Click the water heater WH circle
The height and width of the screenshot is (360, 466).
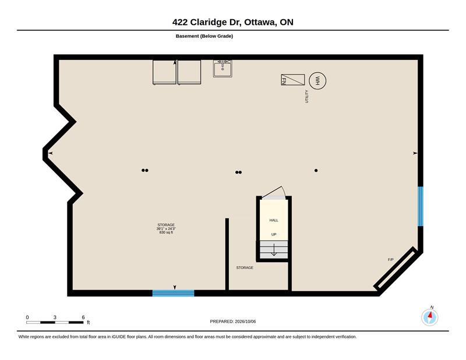[317, 80]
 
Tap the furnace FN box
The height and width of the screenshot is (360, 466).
[293, 80]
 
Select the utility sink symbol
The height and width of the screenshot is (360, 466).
[223, 69]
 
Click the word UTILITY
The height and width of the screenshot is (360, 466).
[306, 96]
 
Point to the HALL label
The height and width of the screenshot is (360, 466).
[274, 220]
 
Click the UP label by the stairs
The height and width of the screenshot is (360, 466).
[274, 235]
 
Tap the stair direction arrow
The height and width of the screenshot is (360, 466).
[274, 250]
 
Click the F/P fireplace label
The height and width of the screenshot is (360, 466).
[391, 260]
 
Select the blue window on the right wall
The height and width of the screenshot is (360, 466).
[421, 206]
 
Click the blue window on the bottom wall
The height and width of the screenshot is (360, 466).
[173, 294]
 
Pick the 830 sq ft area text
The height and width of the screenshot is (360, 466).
[166, 232]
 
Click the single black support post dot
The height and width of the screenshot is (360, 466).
[316, 170]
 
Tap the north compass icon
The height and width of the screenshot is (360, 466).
[430, 317]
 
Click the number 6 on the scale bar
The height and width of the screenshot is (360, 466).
[83, 317]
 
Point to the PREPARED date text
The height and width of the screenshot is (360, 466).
[232, 322]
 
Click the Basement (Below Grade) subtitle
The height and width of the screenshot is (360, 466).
[204, 36]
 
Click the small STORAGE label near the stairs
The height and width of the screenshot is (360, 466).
[245, 267]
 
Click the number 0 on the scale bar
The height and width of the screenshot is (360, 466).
[27, 317]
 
